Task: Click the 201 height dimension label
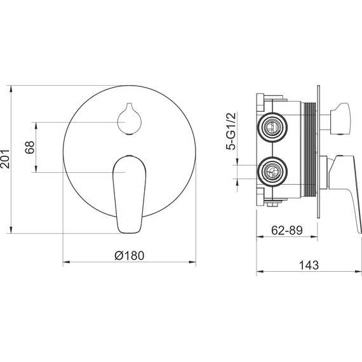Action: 5,159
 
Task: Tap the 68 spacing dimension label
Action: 30,147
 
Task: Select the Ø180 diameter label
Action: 130,255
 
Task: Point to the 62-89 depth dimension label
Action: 286,230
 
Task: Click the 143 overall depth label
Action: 309,265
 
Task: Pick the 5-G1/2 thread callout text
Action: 231,131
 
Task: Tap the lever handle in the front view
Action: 130,194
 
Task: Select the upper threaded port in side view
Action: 273,127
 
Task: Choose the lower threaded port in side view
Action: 273,171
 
